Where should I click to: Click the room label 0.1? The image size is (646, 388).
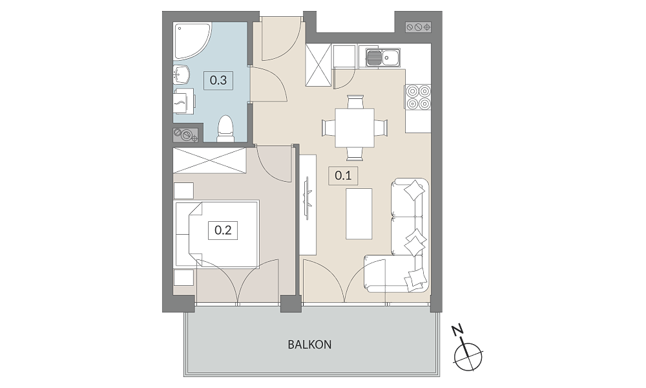[343, 176]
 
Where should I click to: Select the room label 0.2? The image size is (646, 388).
[223, 230]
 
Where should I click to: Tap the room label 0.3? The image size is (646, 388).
[218, 80]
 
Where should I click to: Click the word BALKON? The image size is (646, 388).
[309, 345]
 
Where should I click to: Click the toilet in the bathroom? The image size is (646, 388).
[225, 128]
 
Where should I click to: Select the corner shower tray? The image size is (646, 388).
[192, 40]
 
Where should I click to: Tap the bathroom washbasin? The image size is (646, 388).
[182, 74]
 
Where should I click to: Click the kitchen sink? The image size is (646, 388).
[382, 58]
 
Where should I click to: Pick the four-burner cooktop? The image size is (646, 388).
[418, 97]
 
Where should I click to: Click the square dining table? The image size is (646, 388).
[354, 128]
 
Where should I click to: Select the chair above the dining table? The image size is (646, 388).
[355, 102]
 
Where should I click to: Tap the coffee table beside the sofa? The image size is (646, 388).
[359, 213]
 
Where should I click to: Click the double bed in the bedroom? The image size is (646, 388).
[216, 233]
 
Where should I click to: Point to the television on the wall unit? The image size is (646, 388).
[307, 197]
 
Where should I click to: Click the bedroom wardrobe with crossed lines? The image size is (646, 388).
[209, 160]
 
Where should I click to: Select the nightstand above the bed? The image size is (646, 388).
[183, 191]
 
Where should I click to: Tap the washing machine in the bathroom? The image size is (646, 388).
[184, 102]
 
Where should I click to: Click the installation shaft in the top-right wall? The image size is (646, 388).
[418, 27]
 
